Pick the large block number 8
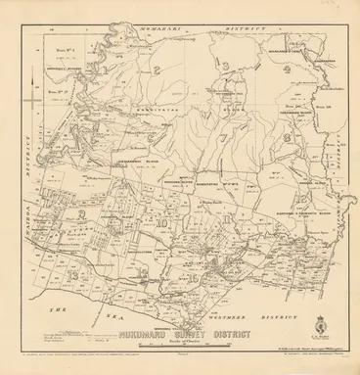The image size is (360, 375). click(x=285, y=140)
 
